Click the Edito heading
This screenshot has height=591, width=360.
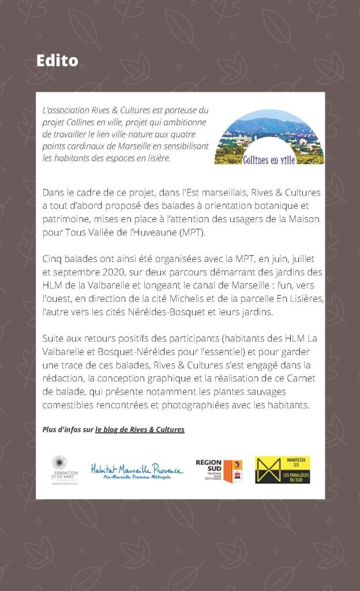click(57, 60)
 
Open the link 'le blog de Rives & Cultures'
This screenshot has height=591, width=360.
click(140, 429)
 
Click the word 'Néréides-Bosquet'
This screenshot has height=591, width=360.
click(157, 312)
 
